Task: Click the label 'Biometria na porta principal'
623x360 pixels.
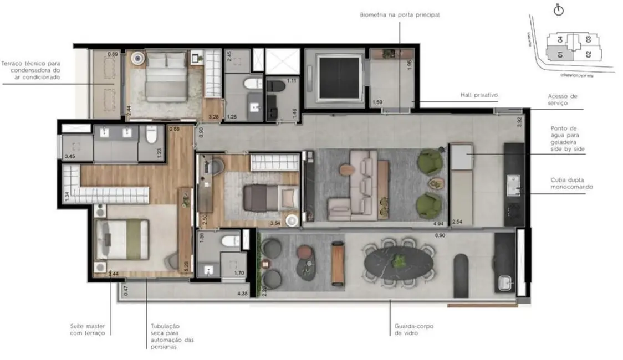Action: [399, 15]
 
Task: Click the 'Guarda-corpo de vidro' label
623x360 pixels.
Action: [411, 330]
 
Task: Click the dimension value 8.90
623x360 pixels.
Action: [441, 236]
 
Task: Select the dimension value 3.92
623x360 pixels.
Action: [519, 122]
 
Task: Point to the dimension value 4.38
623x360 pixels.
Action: [242, 293]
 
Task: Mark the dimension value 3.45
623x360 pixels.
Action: [70, 157]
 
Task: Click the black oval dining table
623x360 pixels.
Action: [399, 261]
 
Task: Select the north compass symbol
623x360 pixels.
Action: [558, 10]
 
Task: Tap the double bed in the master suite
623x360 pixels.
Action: [123, 239]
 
